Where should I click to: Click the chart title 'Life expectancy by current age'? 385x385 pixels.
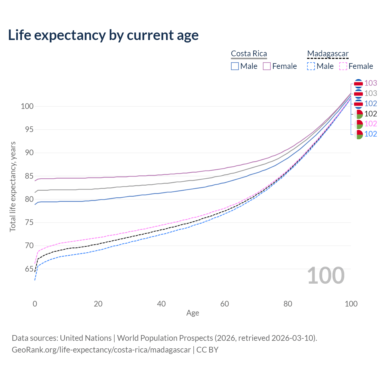coord(103,35)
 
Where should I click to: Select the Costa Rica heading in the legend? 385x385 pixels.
coord(249,54)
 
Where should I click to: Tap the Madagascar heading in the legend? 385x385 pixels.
coord(328,54)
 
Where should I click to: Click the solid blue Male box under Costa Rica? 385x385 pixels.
coord(235,66)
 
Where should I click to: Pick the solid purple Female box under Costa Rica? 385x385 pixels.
coord(267,66)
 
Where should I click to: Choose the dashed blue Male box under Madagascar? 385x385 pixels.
coord(311,66)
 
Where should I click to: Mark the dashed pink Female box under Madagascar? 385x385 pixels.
coord(343,66)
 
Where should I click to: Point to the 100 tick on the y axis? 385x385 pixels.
coord(27,106)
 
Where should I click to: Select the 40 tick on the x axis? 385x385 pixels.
coord(162,304)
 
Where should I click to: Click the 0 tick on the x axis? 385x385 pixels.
coord(35,304)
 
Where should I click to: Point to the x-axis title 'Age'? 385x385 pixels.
coord(192,313)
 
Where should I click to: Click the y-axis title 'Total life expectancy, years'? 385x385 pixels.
coord(13,187)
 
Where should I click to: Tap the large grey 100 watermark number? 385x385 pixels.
coord(326,276)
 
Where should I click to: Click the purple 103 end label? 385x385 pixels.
coord(371,83)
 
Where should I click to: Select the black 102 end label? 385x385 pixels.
coord(371,114)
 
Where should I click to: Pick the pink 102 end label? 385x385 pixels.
coord(371,124)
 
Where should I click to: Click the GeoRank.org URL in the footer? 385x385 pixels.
coord(101,350)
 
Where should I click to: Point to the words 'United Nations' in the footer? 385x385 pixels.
coord(86,338)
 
